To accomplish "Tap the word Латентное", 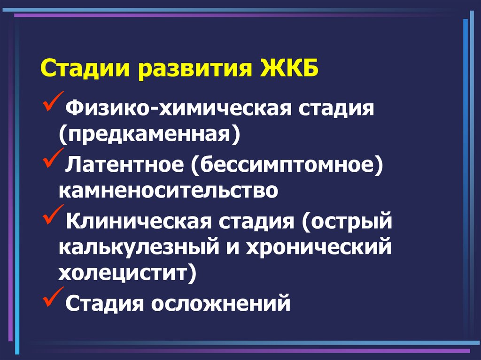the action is (124, 164).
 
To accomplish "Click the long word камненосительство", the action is (168, 191).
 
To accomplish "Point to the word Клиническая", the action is (139, 221).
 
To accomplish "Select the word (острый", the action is (347, 222).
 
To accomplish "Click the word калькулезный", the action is (139, 247).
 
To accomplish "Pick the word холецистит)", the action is (127, 273).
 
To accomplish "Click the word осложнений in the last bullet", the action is (221, 303).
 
